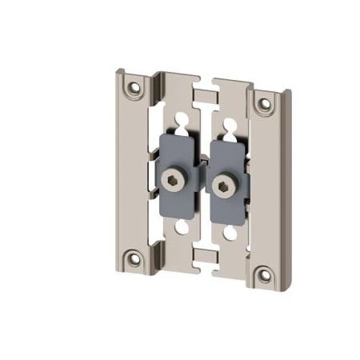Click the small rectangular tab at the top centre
point(206,96)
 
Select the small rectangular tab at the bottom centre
point(206,256)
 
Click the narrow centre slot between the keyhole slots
point(206,128)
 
